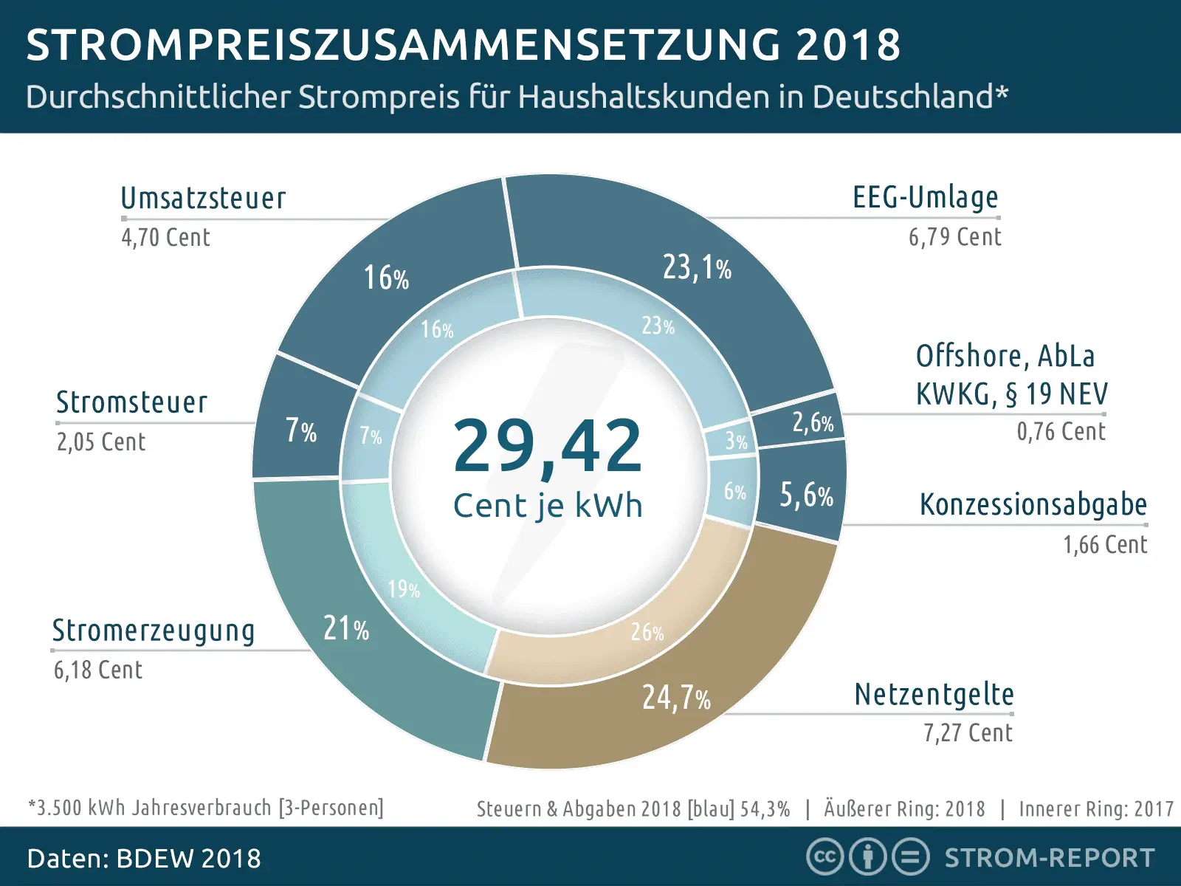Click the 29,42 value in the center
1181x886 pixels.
[548, 445]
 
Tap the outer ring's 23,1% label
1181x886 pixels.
[696, 267]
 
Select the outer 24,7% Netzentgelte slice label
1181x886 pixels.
[675, 697]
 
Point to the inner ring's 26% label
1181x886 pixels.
[647, 632]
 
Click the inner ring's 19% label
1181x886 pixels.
[404, 588]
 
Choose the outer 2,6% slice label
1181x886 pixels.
[812, 422]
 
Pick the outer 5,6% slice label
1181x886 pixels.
[806, 495]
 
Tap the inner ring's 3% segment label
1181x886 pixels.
[736, 441]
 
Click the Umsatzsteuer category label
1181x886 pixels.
[203, 198]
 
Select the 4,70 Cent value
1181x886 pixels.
[165, 237]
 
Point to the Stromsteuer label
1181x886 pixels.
[131, 402]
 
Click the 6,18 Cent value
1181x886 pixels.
[97, 670]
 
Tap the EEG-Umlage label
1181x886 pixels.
[925, 197]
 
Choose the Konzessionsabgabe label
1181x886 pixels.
[1033, 504]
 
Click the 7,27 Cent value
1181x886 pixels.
[968, 732]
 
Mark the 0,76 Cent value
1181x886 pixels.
[1061, 431]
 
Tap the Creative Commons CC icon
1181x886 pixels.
[824, 857]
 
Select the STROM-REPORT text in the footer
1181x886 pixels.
[1050, 858]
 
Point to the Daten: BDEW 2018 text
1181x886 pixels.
[144, 859]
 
